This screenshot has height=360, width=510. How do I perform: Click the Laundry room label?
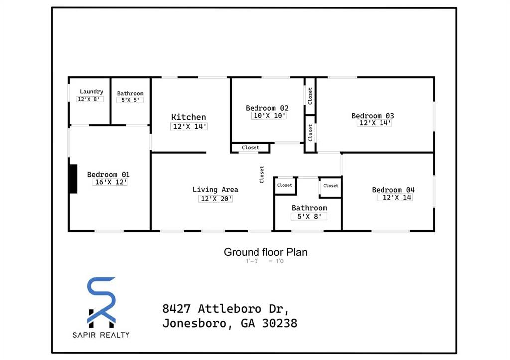91,92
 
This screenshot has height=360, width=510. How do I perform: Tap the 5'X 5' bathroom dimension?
130,100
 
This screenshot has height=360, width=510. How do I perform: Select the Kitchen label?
188,117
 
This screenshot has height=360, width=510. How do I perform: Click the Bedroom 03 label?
373,116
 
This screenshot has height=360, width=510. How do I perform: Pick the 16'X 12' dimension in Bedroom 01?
111,182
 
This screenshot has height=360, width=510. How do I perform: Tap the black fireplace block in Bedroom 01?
73,179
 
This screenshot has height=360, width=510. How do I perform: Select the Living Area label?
215,190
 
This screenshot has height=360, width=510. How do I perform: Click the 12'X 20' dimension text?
215,198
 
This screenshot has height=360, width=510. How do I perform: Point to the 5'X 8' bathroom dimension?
309,216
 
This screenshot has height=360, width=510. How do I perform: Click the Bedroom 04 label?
393,190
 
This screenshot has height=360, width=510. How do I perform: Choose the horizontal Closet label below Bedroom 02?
251,148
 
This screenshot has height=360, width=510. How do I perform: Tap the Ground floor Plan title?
265,252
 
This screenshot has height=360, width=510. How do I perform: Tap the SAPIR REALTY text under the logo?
101,335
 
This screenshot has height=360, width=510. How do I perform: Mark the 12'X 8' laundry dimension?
90,99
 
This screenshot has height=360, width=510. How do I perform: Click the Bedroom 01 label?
108,174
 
